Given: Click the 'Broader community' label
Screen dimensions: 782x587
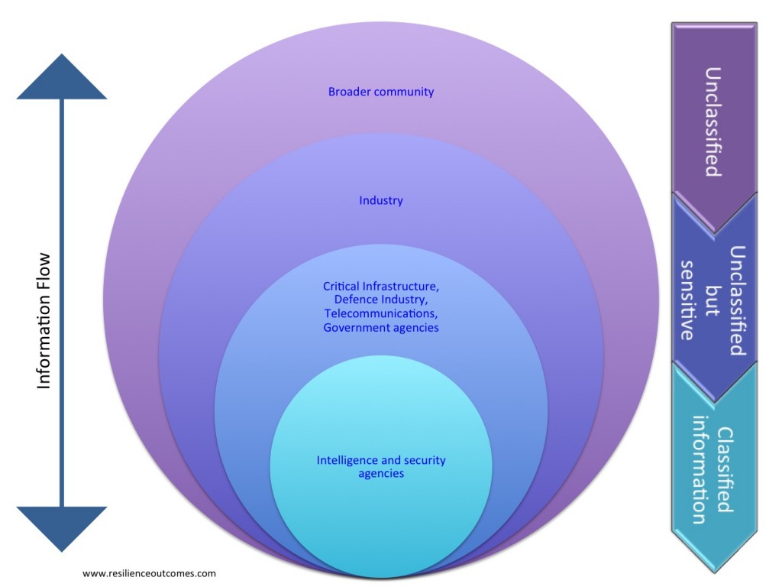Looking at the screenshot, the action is pyautogui.click(x=381, y=92).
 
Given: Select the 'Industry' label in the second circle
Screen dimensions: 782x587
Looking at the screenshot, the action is pyautogui.click(x=381, y=201).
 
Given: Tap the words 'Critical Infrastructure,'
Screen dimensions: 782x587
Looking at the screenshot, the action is pyautogui.click(x=381, y=286).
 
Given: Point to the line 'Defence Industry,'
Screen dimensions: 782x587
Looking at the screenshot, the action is pyautogui.click(x=381, y=300).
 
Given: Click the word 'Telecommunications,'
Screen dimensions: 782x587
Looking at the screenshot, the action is pyautogui.click(x=381, y=313).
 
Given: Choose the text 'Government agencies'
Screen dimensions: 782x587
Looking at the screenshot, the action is pyautogui.click(x=381, y=328).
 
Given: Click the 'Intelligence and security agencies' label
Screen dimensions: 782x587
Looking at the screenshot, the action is pyautogui.click(x=381, y=467).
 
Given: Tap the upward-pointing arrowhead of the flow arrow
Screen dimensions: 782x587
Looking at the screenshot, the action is pyautogui.click(x=62, y=77).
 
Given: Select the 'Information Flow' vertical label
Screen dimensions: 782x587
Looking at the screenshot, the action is pyautogui.click(x=44, y=321).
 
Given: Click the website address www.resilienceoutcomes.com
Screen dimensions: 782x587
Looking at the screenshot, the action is pyautogui.click(x=149, y=573).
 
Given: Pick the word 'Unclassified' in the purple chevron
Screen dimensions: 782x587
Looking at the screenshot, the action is pyautogui.click(x=713, y=122).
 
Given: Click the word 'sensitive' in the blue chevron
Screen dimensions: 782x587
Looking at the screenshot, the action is pyautogui.click(x=687, y=300).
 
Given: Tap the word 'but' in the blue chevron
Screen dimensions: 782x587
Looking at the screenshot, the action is pyautogui.click(x=713, y=301).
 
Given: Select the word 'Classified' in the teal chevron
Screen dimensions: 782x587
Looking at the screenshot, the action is pyautogui.click(x=725, y=470).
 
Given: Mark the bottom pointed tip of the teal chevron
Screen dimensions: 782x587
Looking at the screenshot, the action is pyautogui.click(x=715, y=572).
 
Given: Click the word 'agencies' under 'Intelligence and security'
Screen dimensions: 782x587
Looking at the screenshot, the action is pyautogui.click(x=381, y=474).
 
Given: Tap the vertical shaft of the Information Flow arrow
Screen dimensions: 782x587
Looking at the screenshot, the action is pyautogui.click(x=62, y=303).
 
